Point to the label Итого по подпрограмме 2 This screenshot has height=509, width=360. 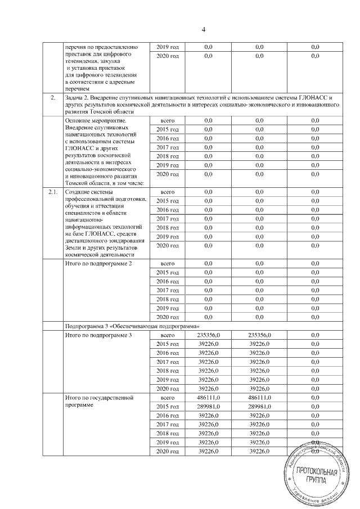click(x=99, y=263)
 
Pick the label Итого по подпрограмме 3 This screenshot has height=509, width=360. click(x=99, y=335)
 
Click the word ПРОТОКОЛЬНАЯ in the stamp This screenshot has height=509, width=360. click(x=315, y=472)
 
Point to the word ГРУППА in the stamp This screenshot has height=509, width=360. click(x=315, y=481)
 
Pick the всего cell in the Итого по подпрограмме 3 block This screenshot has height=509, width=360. click(x=168, y=335)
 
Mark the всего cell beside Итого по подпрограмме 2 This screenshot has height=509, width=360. click(x=168, y=263)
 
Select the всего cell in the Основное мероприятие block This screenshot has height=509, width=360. click(x=168, y=120)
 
